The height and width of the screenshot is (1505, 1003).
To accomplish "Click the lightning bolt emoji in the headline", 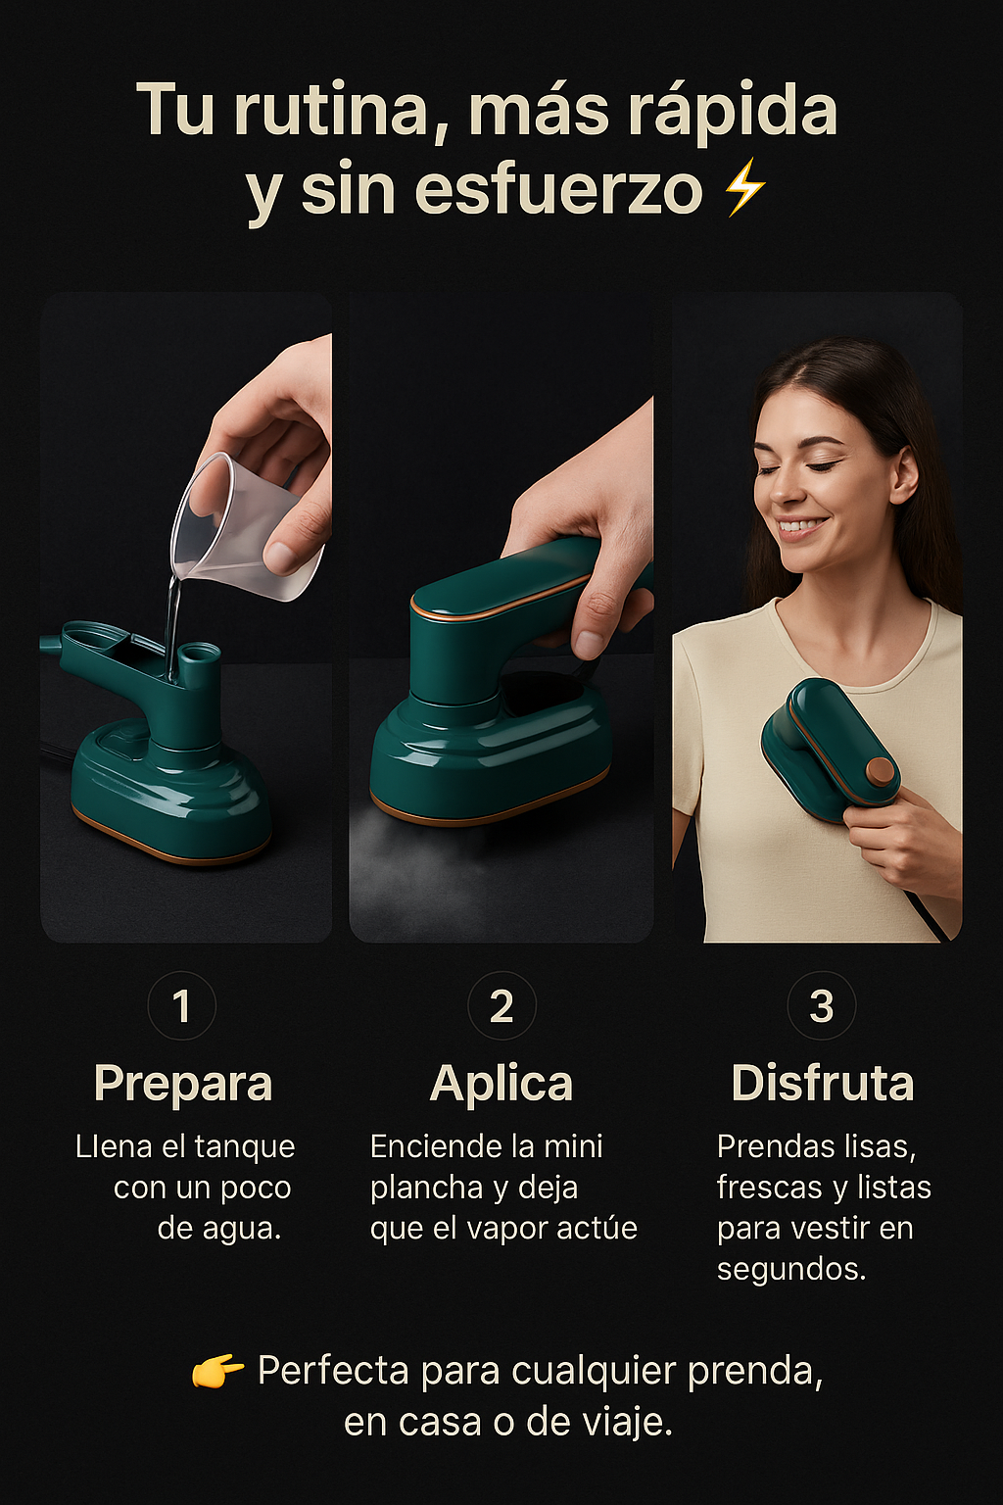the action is [x=744, y=187].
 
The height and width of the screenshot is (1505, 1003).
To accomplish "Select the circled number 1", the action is [x=181, y=1006].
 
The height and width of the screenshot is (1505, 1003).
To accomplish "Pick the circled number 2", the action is [x=501, y=1006].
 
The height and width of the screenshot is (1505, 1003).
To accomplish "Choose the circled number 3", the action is [x=821, y=1006].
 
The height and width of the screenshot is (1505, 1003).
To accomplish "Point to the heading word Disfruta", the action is [x=823, y=1083].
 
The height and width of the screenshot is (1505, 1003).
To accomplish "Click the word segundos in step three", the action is [x=790, y=1271].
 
